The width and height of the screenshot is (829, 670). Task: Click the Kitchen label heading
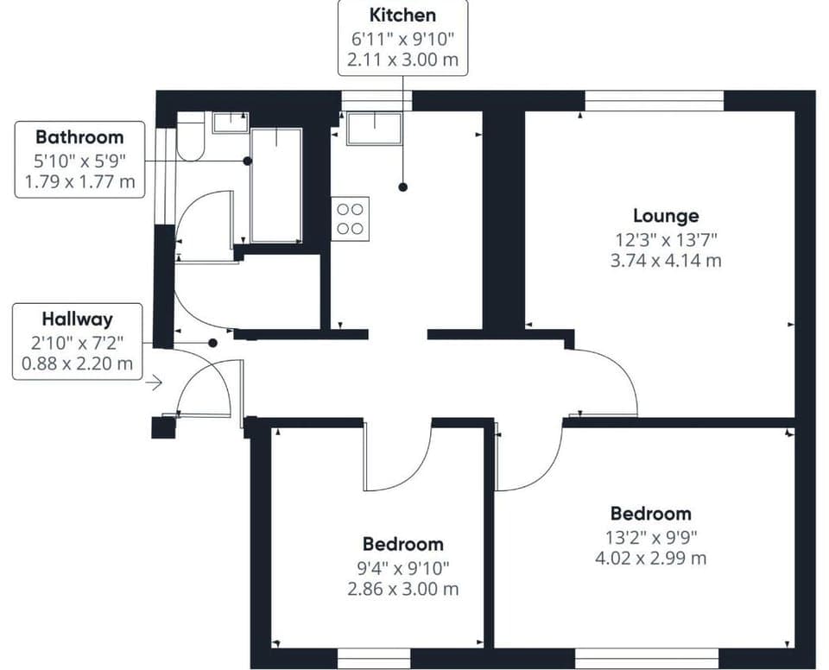coord(402,15)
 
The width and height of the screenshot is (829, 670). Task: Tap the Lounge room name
coord(665,216)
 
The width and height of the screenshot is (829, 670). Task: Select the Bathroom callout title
coord(79,136)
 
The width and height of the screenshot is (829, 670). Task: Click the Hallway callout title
coord(77,318)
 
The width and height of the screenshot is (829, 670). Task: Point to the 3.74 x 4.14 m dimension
coord(665,260)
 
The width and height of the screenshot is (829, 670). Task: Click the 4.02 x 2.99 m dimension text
coord(650,558)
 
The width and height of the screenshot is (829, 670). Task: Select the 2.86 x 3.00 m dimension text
coord(402,589)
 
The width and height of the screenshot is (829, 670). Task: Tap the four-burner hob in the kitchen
coord(350,218)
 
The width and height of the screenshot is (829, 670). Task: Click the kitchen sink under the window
coord(374,128)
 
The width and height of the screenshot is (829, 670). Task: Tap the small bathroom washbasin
coord(230,122)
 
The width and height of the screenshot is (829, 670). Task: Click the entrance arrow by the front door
coord(154,382)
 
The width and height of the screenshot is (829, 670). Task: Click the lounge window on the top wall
coord(654,101)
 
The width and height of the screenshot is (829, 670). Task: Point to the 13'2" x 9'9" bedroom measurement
coord(650,535)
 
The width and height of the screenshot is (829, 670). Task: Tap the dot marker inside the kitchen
coord(402,186)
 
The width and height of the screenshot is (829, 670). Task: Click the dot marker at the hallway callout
coord(212,343)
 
